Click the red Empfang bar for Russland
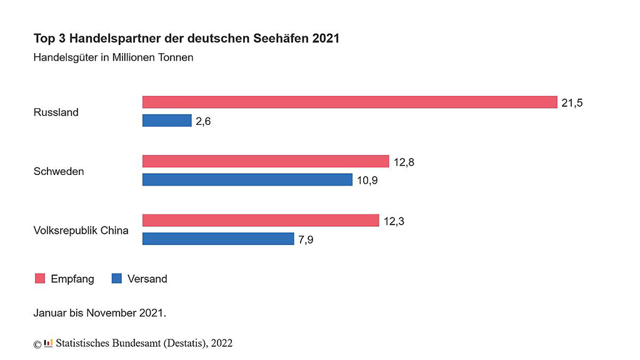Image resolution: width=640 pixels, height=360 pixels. [349, 102]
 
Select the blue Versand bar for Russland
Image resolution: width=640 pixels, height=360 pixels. [167, 121]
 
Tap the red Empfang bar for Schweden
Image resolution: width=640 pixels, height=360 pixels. [266, 162]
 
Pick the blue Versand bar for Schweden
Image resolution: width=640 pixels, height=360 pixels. [247, 180]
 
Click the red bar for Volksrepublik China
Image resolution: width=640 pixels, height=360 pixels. [261, 221]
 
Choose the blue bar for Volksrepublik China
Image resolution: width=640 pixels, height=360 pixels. [218, 239]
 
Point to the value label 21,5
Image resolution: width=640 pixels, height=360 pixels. [572, 103]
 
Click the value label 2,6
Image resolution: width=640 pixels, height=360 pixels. [203, 121]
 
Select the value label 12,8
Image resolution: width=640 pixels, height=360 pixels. [404, 162]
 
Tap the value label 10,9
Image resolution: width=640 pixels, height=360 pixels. [367, 181]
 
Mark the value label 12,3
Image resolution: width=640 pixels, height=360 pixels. [394, 221]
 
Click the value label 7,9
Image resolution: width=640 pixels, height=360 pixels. [306, 239]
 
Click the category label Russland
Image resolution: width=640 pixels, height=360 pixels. [56, 112]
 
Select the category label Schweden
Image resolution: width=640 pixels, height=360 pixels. [59, 171]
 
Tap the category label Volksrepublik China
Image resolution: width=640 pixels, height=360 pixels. [81, 231]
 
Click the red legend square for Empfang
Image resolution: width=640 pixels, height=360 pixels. [39, 279]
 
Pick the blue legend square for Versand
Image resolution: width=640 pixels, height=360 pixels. [116, 279]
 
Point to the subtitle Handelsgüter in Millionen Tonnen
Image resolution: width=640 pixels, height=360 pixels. [113, 58]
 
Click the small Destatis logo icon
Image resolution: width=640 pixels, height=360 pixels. [48, 343]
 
